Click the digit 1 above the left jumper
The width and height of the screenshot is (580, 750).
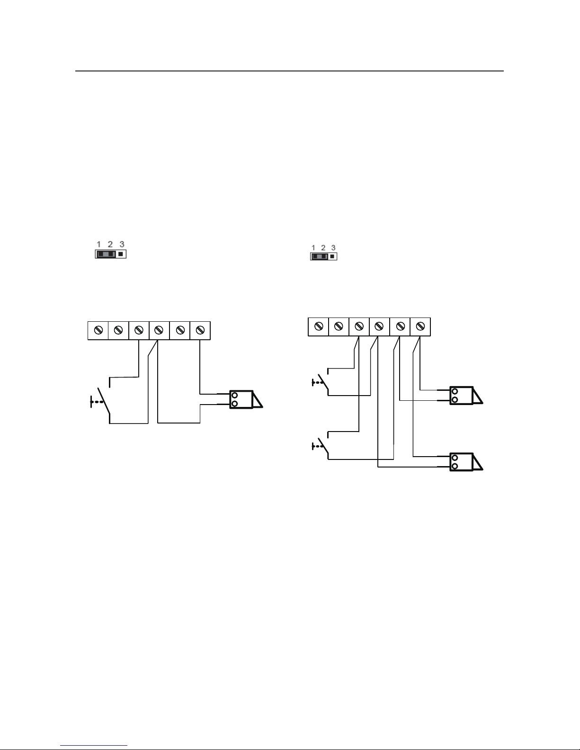(x=99, y=244)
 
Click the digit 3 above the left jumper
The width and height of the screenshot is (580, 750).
(x=122, y=244)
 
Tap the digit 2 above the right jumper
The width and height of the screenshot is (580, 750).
(x=323, y=248)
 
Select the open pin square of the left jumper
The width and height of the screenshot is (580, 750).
(x=120, y=254)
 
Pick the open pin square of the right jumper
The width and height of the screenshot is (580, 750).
(x=332, y=256)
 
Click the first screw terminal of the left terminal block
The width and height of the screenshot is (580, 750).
(x=98, y=330)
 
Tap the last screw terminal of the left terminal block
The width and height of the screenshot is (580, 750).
(x=200, y=330)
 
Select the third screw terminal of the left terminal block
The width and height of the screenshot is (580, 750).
(x=139, y=330)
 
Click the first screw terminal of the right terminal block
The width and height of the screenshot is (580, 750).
(x=319, y=326)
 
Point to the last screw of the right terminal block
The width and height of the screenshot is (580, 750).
(x=420, y=326)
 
